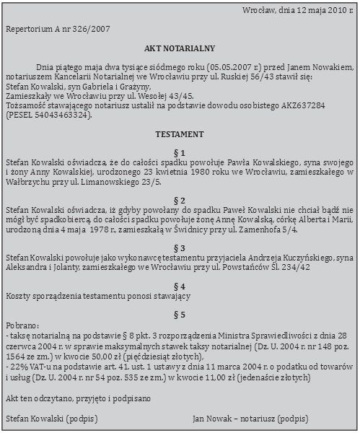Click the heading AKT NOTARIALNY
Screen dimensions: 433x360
point(180,48)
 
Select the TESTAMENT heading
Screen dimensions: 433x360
point(180,135)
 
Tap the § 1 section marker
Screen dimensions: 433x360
point(180,153)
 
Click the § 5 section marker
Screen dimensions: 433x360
point(180,315)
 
